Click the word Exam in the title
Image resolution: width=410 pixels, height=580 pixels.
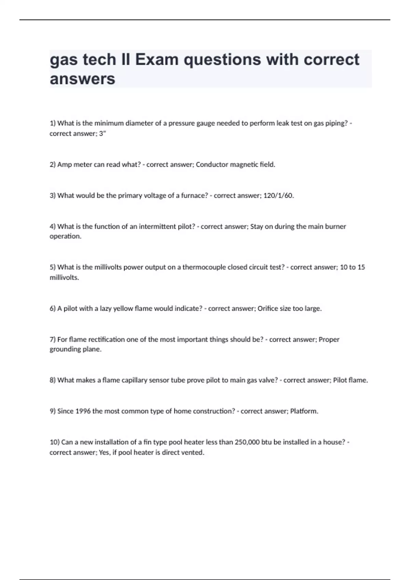click(157, 60)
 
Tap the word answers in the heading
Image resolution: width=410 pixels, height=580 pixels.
click(82, 79)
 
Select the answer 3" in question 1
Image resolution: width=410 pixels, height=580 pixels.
click(102, 134)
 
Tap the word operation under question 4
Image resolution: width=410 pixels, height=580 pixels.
click(65, 236)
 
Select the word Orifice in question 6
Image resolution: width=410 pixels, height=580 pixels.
click(269, 309)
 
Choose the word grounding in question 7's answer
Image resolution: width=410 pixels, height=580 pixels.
click(65, 349)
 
